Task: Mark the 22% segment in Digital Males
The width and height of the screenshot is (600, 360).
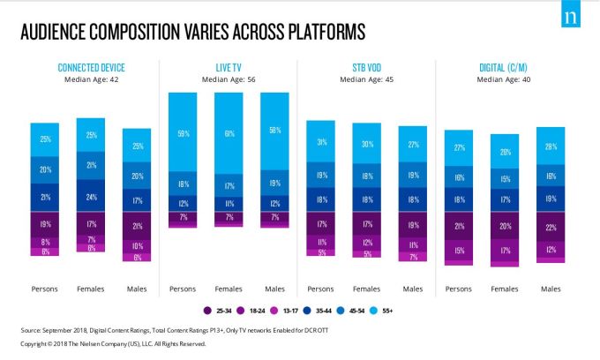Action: [551, 229]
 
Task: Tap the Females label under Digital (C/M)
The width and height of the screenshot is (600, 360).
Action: [505, 289]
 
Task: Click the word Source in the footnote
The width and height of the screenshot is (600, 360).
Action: [34, 330]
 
